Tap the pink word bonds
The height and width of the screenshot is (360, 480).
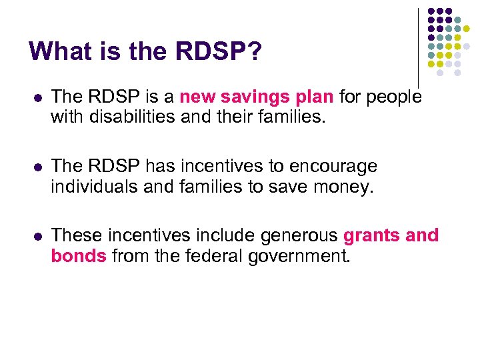coord(79,257)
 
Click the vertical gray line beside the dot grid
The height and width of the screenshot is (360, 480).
coord(418,47)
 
